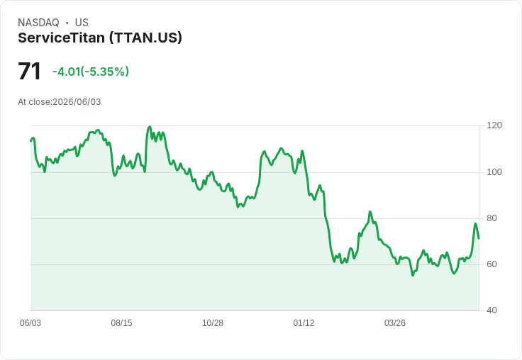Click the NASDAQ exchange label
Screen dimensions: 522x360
coord(38,23)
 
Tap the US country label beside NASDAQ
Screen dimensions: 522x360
coord(82,23)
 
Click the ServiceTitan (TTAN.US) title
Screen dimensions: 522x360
coord(100,38)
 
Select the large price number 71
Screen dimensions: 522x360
coord(29,71)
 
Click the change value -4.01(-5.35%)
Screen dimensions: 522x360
coord(91,72)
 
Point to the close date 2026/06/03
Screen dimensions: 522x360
coord(77,102)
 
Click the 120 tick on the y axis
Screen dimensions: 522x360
coord(494,125)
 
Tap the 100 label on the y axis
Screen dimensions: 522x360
coord(494,172)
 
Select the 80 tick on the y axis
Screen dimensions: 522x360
coord(492,218)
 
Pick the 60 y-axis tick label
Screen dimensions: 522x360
coord(492,264)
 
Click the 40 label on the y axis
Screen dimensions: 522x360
coord(492,310)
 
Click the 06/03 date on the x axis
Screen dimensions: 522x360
coord(30,323)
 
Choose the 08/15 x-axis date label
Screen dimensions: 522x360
coord(121,323)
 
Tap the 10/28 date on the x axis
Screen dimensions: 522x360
coord(213,323)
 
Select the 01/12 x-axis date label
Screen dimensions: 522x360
coord(304,323)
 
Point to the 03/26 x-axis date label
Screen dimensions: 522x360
coord(395,323)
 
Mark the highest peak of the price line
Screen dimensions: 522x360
coord(150,126)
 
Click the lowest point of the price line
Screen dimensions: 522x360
coord(413,276)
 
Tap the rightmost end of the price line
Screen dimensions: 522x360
coord(479,239)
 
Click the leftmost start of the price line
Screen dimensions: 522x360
coord(30,141)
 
